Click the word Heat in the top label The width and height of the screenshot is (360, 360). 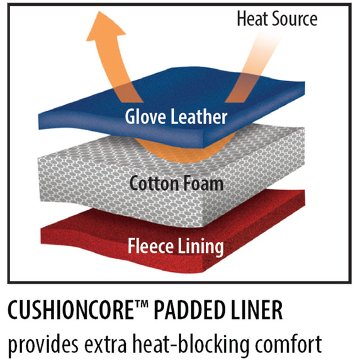tap(252, 18)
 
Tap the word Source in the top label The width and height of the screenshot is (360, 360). tap(295, 19)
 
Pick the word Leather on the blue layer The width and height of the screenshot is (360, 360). tap(199, 116)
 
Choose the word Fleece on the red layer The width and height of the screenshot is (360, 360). tap(150, 245)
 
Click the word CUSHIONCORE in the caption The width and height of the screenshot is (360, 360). tap(70, 310)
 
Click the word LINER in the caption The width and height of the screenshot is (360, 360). tap(257, 310)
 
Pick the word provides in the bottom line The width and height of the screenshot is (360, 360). tap(43, 344)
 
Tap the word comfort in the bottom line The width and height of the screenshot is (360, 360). tap(288, 344)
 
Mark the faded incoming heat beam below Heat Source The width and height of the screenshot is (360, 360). tap(252, 69)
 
